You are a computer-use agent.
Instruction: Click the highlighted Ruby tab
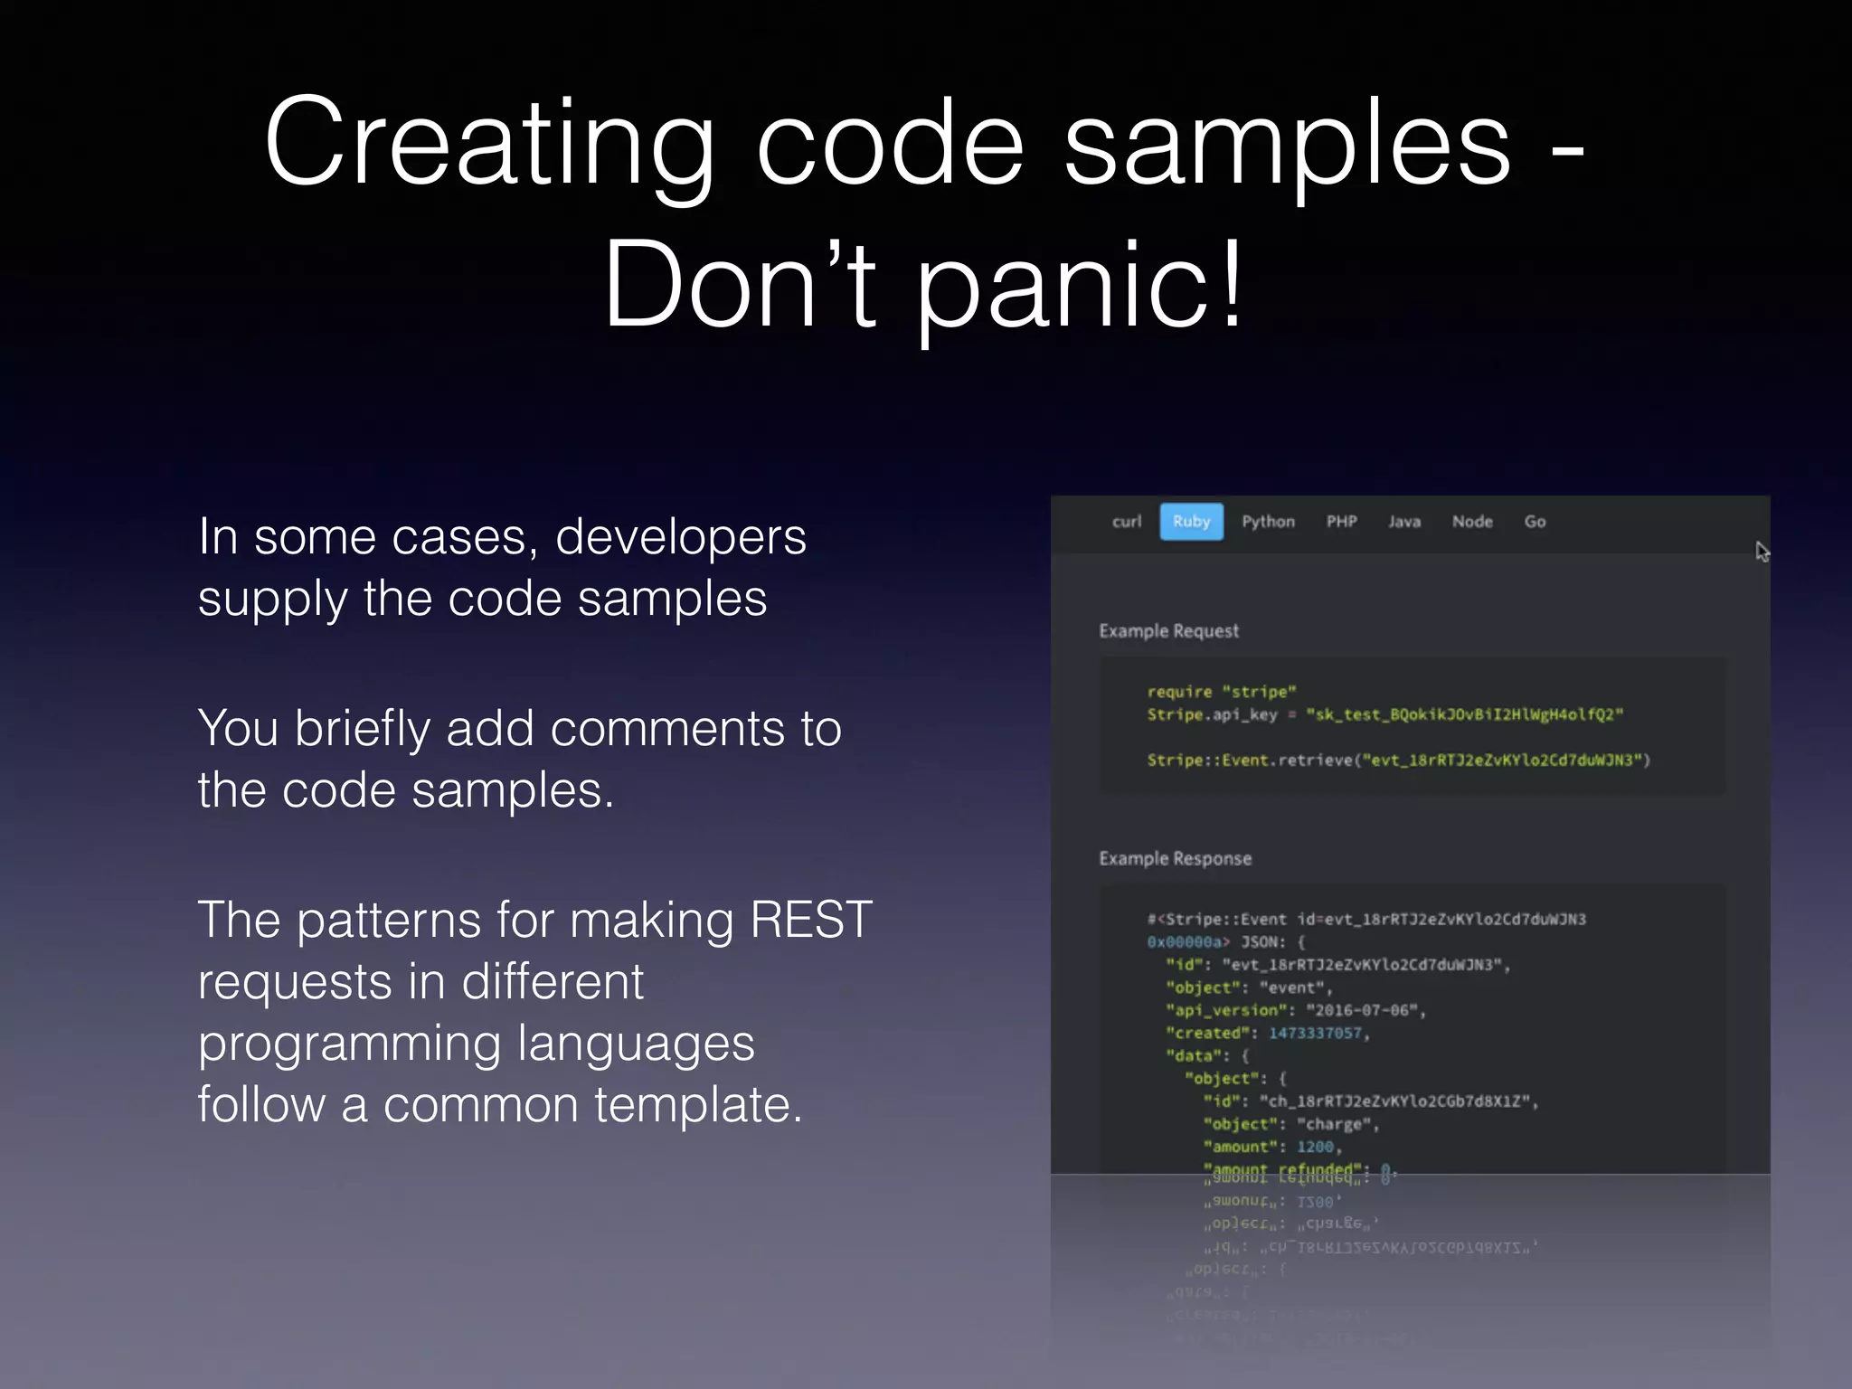[x=1191, y=522]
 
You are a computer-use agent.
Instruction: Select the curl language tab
[x=1127, y=522]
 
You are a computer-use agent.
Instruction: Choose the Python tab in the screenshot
[x=1268, y=522]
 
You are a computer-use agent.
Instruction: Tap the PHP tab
[x=1341, y=522]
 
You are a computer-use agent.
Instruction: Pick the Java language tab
[x=1404, y=522]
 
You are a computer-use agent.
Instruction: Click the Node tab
[x=1472, y=522]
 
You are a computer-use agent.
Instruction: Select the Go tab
[x=1535, y=522]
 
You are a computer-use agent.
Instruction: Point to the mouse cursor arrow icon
[x=1762, y=552]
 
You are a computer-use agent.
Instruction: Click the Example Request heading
[x=1168, y=631]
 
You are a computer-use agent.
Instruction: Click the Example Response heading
[x=1175, y=858]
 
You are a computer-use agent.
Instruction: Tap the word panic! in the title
[x=1081, y=285]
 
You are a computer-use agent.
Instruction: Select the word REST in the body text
[x=810, y=921]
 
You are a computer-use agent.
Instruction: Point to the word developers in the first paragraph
[x=680, y=537]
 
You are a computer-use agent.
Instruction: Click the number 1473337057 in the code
[x=1315, y=1033]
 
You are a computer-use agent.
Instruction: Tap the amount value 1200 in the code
[x=1315, y=1147]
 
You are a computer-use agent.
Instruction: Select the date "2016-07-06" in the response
[x=1362, y=1010]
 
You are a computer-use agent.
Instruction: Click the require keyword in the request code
[x=1179, y=692]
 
